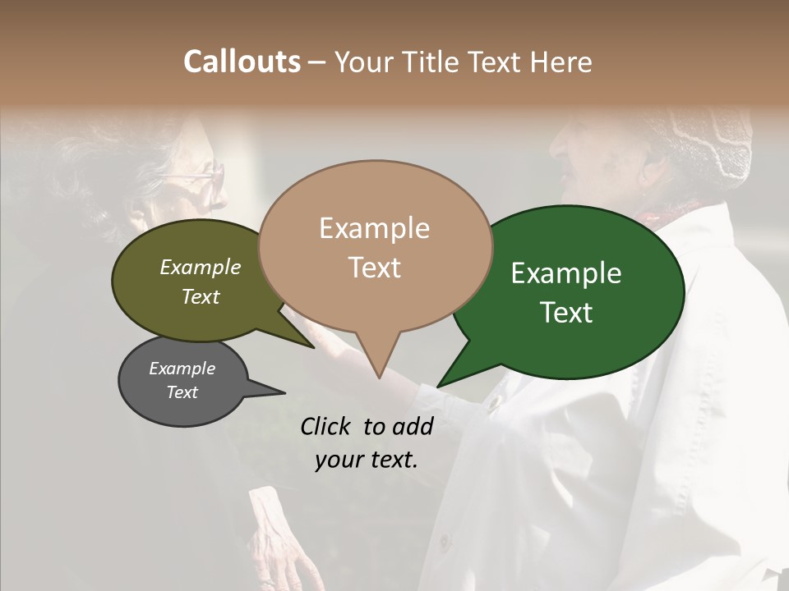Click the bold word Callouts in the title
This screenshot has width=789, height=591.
242,62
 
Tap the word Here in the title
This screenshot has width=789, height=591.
562,62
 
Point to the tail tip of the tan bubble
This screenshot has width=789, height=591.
379,378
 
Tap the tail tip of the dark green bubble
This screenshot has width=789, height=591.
438,386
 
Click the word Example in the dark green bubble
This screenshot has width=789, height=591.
566,273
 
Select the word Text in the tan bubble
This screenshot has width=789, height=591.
375,268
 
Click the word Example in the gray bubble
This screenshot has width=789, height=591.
182,369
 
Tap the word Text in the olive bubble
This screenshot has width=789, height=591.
200,297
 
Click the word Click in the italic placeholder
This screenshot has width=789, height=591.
326,426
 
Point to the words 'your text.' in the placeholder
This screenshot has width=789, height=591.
366,460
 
